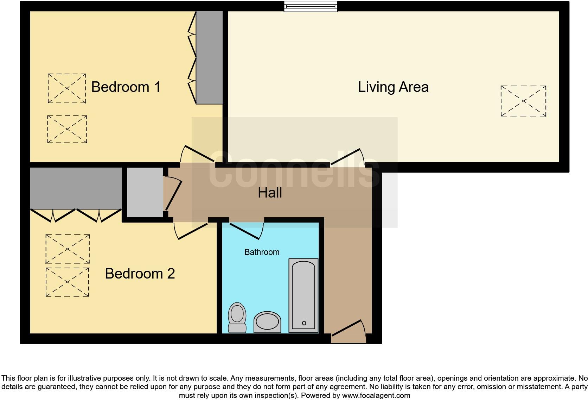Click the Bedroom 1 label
click(x=126, y=87)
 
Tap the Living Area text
click(x=393, y=87)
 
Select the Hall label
click(x=270, y=193)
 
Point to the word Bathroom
click(x=262, y=252)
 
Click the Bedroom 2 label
click(x=140, y=274)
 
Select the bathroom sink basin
click(x=267, y=322)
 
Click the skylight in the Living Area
click(x=523, y=101)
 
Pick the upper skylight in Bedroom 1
click(x=67, y=88)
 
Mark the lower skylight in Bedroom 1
click(x=67, y=129)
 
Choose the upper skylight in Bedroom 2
click(x=68, y=249)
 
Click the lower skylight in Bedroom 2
click(x=67, y=282)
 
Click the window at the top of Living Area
click(x=311, y=6)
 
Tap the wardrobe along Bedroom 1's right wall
click(x=209, y=57)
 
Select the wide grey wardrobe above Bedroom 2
click(x=76, y=188)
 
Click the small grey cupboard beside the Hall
click(x=145, y=192)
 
